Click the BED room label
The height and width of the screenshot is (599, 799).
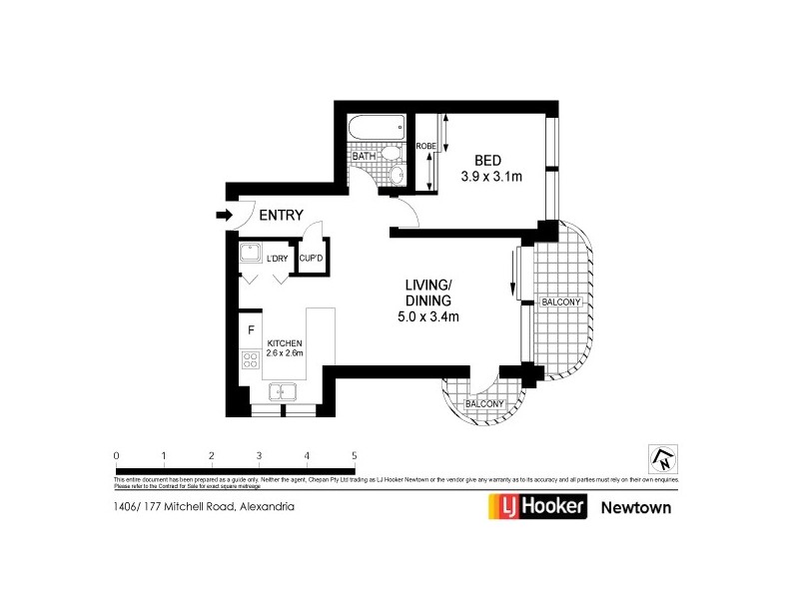tap(487, 161)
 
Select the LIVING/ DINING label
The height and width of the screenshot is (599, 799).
tap(428, 293)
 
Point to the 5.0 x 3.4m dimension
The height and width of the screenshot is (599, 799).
tap(428, 319)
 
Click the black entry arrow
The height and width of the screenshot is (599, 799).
tap(223, 214)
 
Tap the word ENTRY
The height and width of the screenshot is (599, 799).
tap(281, 215)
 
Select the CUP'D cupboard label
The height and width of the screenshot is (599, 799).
tap(311, 259)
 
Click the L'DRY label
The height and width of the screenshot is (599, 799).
tap(277, 259)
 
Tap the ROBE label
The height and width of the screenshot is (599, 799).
tap(425, 146)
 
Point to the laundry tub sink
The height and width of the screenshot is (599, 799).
tap(251, 254)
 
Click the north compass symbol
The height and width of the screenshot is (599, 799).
tap(660, 458)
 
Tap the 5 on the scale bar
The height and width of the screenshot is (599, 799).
tap(355, 456)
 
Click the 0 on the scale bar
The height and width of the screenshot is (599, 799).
tap(117, 456)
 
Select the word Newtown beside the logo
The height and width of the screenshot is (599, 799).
tap(635, 507)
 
